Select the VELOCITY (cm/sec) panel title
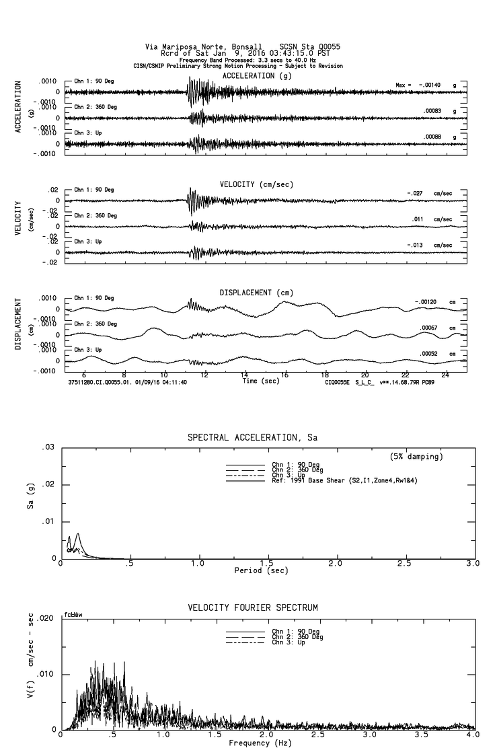pyautogui.click(x=256, y=184)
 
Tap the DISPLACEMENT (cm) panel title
pyautogui.click(x=256, y=293)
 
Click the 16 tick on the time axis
pyautogui.click(x=284, y=375)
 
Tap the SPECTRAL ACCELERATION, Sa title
pyautogui.click(x=252, y=437)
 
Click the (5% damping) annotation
pyautogui.click(x=416, y=457)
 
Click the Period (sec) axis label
pyautogui.click(x=262, y=570)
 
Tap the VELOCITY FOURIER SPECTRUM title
pyautogui.click(x=252, y=608)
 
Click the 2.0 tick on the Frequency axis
pyautogui.click(x=267, y=735)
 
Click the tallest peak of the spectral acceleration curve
pyautogui.click(x=79, y=534)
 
